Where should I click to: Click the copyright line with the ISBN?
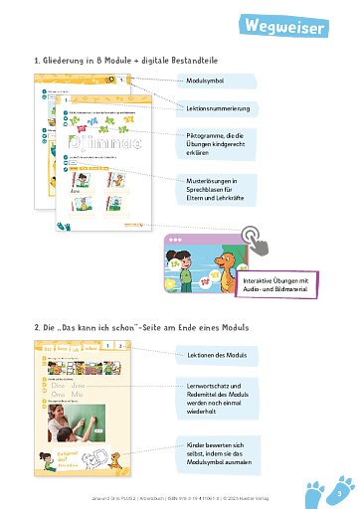click(179, 493)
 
